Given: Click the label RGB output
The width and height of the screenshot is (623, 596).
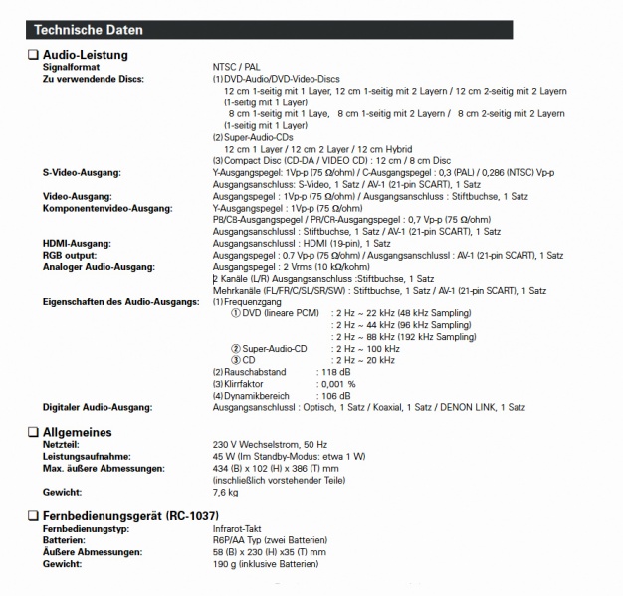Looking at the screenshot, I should [x=70, y=253].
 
